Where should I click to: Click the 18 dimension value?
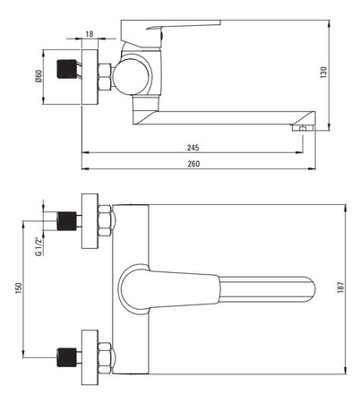[x=90, y=34]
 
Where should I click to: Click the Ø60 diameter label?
[x=39, y=76]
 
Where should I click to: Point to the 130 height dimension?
[x=323, y=73]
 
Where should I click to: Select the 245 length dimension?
[x=193, y=148]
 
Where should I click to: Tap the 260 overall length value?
[x=193, y=164]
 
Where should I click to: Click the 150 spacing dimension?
[x=19, y=288]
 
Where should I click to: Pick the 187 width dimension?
[x=340, y=287]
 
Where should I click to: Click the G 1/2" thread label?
[x=38, y=246]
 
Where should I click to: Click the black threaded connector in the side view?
[x=66, y=69]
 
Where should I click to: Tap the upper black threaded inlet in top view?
[x=66, y=221]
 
